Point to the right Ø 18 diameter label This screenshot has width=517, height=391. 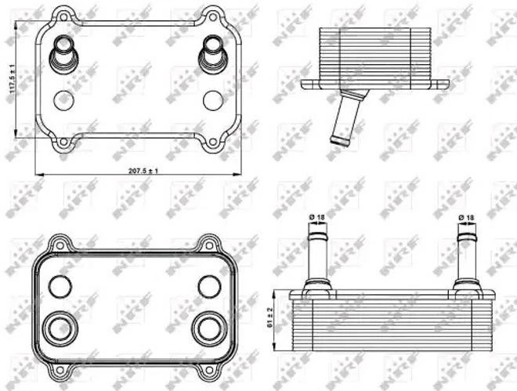pos(465,217)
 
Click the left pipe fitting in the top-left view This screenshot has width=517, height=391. pos(62,53)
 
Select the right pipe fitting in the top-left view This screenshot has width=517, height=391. pos(211,53)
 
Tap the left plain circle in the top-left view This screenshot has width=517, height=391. pos(64,99)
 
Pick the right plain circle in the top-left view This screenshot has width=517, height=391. pos(211,99)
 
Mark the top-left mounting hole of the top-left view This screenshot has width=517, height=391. pos(63,15)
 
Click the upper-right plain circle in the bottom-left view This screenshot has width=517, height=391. pos(208,285)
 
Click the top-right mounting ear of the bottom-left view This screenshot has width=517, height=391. pos(209,244)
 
